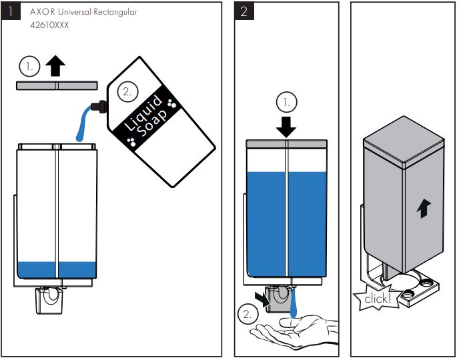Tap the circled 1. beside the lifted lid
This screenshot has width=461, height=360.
tap(29, 66)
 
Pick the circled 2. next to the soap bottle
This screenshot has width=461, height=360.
tap(127, 91)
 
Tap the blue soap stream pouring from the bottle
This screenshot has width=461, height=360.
tap(83, 123)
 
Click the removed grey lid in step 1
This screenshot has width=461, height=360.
tap(57, 85)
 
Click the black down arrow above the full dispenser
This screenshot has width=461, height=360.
tap(286, 125)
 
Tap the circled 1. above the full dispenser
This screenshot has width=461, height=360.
tap(286, 103)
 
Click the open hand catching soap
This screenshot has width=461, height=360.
tap(294, 330)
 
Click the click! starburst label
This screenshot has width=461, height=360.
tap(378, 298)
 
